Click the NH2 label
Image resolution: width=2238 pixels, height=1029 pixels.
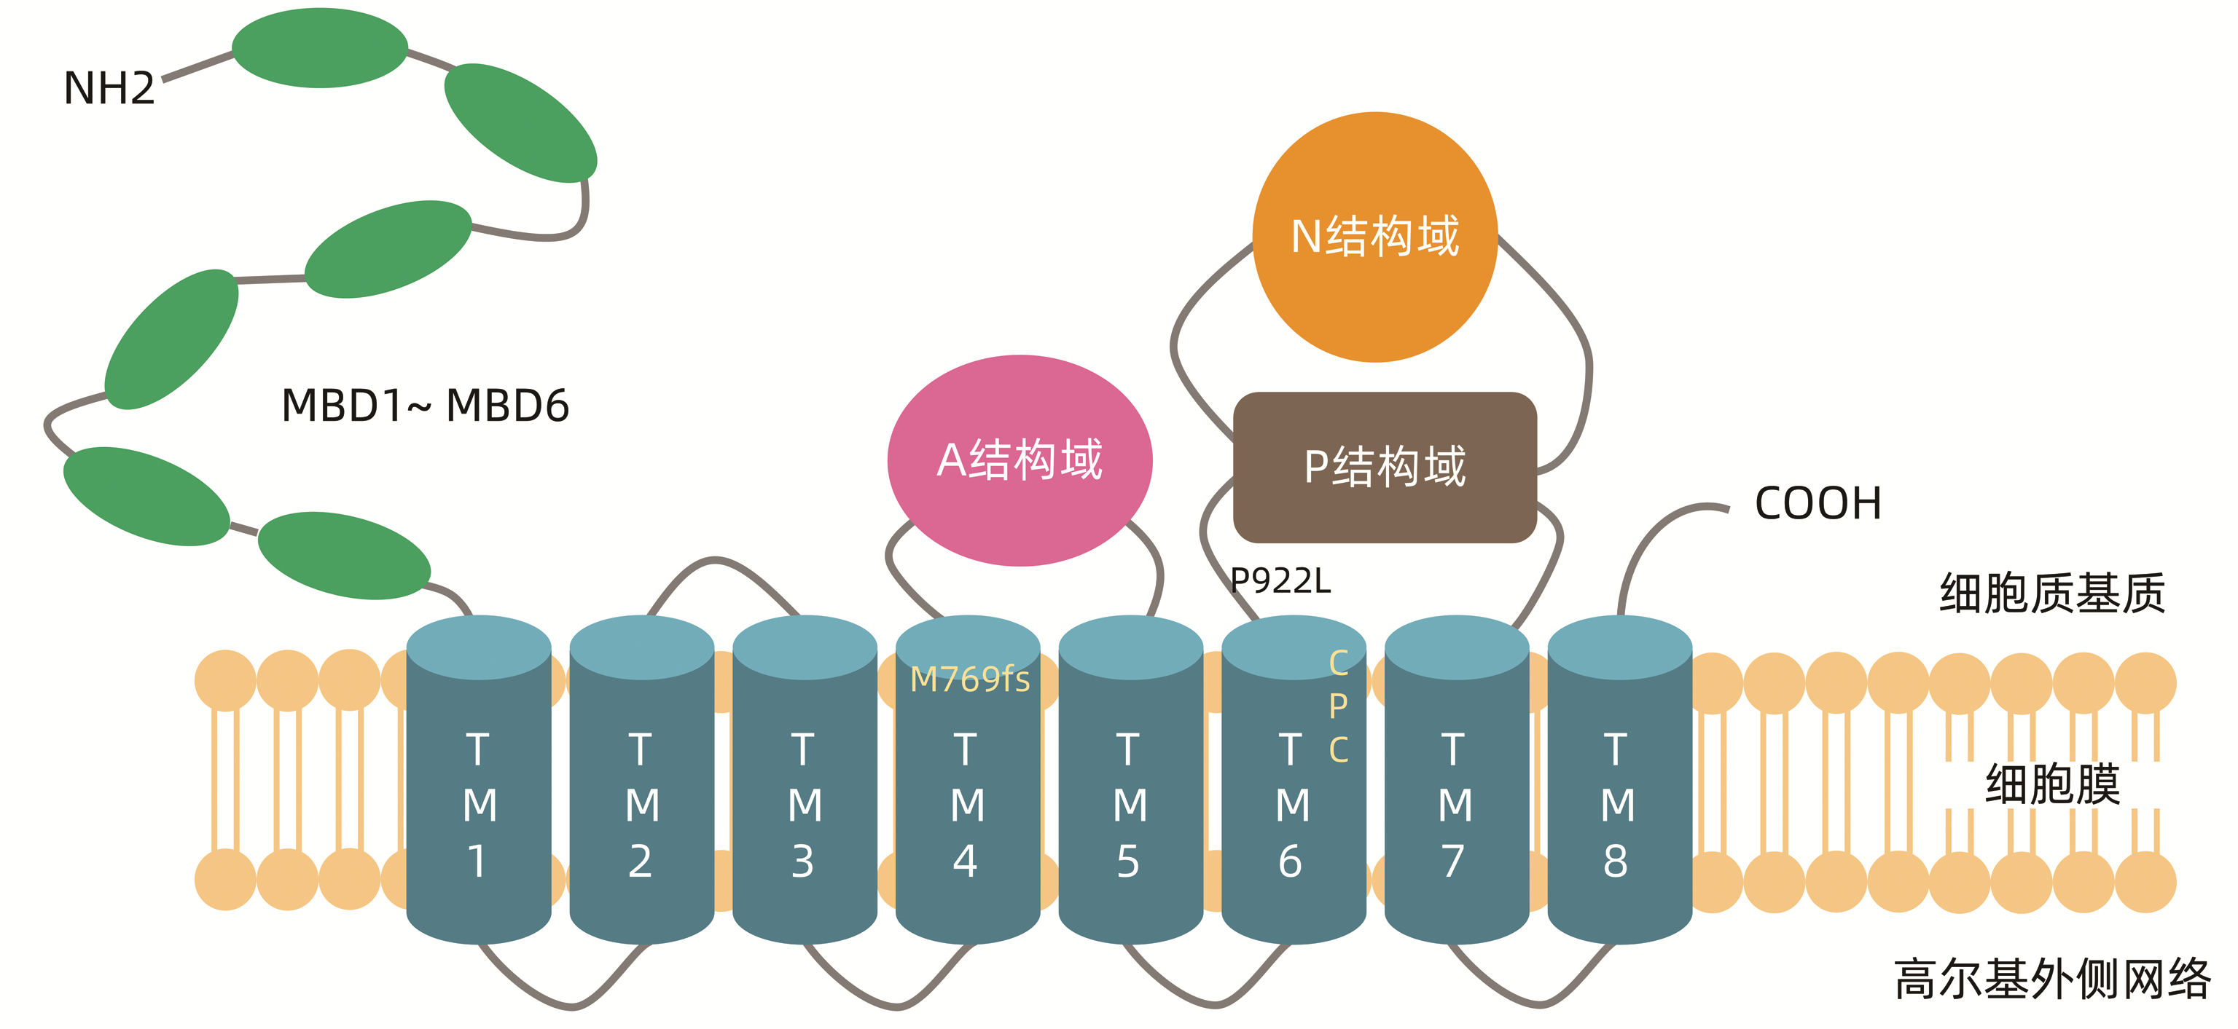click(109, 89)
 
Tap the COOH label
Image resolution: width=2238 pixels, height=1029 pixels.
click(1818, 504)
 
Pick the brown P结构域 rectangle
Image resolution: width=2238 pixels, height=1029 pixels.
click(1384, 468)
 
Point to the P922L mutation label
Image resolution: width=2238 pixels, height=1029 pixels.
click(1280, 581)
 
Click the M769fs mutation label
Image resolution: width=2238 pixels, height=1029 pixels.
click(969, 679)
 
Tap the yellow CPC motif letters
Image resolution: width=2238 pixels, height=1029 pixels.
click(1338, 706)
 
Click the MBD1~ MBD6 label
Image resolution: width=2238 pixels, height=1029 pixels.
click(425, 406)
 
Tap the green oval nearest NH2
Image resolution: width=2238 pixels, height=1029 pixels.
click(320, 48)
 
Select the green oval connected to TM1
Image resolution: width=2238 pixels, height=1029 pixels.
click(344, 555)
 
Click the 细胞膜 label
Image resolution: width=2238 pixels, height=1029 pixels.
click(2052, 784)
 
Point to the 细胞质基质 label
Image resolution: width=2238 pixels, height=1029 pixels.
click(2052, 594)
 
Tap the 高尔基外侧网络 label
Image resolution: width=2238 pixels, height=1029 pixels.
click(2052, 979)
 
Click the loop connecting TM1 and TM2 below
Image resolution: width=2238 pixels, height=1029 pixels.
click(569, 1006)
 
